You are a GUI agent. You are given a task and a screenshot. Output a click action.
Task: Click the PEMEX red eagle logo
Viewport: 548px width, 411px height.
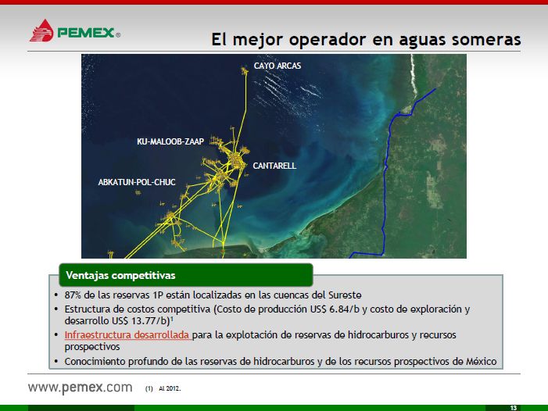[41, 30]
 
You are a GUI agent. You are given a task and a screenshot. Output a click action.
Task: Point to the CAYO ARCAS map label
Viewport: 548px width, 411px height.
[278, 66]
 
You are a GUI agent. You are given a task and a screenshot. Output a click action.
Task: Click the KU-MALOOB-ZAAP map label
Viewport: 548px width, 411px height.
[170, 141]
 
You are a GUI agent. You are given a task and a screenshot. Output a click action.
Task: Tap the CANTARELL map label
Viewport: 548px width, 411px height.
[274, 166]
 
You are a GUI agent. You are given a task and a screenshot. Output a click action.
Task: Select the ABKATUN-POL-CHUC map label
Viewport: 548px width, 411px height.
[137, 182]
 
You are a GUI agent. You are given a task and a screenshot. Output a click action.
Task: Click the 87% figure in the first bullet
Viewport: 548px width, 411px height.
[73, 295]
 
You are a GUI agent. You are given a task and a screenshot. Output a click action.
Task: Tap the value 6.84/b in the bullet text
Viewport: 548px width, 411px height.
[344, 309]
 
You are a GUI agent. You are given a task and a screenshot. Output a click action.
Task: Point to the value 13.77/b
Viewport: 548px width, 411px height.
[150, 320]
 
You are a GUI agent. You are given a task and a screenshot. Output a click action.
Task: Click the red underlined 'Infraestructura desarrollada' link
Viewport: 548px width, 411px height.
[127, 335]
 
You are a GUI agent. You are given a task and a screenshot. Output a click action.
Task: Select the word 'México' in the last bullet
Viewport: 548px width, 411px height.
[482, 362]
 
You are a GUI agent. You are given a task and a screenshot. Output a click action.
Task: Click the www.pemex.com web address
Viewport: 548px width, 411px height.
[81, 388]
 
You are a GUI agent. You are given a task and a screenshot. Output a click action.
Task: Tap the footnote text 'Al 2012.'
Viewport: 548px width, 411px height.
[170, 388]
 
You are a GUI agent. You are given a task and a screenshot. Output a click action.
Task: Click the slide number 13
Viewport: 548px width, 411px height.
[514, 408]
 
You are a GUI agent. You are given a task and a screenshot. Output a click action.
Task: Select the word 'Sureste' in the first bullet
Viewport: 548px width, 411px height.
[345, 295]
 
